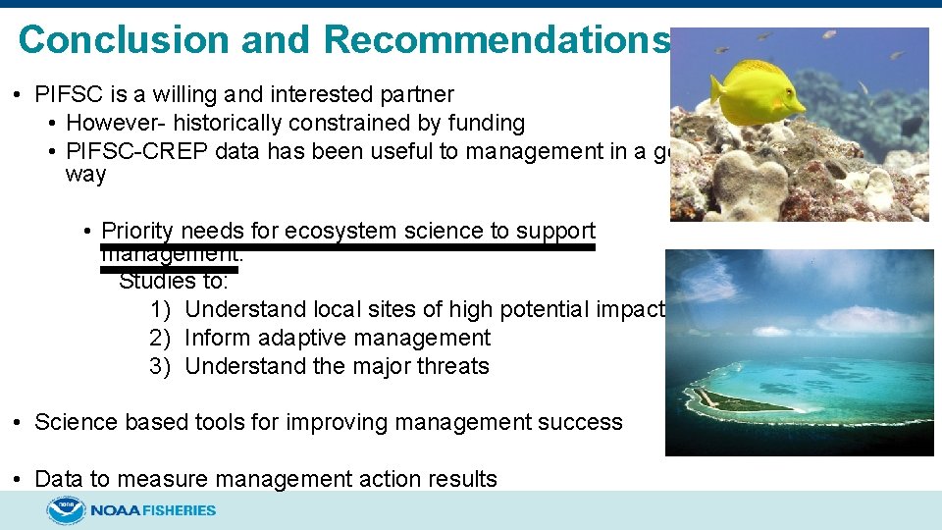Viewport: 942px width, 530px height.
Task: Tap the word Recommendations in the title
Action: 497,40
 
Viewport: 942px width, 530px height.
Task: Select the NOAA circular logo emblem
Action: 66,510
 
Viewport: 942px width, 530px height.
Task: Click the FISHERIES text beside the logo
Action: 179,510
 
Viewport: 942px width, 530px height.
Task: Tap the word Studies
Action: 157,281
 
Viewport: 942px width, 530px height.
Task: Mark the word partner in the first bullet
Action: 416,95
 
